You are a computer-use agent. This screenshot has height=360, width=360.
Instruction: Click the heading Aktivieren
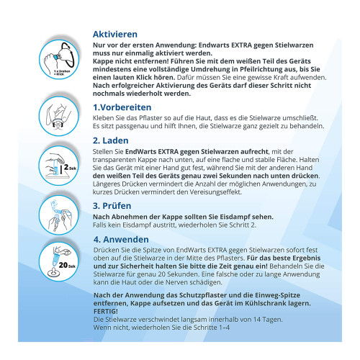(x=115, y=35)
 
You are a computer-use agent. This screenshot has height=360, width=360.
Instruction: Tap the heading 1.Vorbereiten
(x=122, y=107)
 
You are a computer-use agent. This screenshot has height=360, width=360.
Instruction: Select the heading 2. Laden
(x=111, y=140)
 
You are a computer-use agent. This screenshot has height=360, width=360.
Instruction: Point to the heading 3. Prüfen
(x=112, y=206)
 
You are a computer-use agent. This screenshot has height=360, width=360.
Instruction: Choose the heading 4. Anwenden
(x=121, y=239)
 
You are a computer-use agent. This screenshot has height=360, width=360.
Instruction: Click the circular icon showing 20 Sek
(x=59, y=261)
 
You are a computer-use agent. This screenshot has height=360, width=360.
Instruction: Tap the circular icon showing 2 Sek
(x=59, y=165)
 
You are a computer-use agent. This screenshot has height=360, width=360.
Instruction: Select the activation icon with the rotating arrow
(x=59, y=60)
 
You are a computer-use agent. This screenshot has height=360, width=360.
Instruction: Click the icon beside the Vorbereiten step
(x=59, y=116)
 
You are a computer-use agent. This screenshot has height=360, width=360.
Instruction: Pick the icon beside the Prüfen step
(x=59, y=215)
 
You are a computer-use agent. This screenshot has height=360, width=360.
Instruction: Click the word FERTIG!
(x=106, y=311)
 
